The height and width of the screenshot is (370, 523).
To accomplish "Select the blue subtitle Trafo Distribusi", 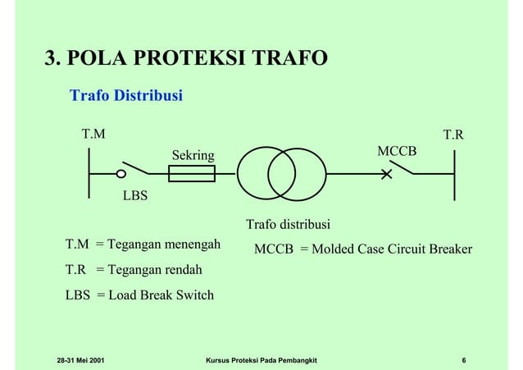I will point(126,96).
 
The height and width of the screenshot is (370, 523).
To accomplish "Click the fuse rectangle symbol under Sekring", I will point(191,174).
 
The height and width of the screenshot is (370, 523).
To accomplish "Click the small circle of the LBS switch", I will point(120,174).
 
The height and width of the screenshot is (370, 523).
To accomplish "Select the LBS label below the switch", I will point(136,196).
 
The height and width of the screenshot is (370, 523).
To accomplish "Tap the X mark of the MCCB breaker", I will point(386,174).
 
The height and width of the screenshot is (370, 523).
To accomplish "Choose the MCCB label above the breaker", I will point(396,152).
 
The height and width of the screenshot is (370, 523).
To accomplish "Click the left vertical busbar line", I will point(89,174).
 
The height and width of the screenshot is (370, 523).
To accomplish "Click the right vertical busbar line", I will point(453,174).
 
